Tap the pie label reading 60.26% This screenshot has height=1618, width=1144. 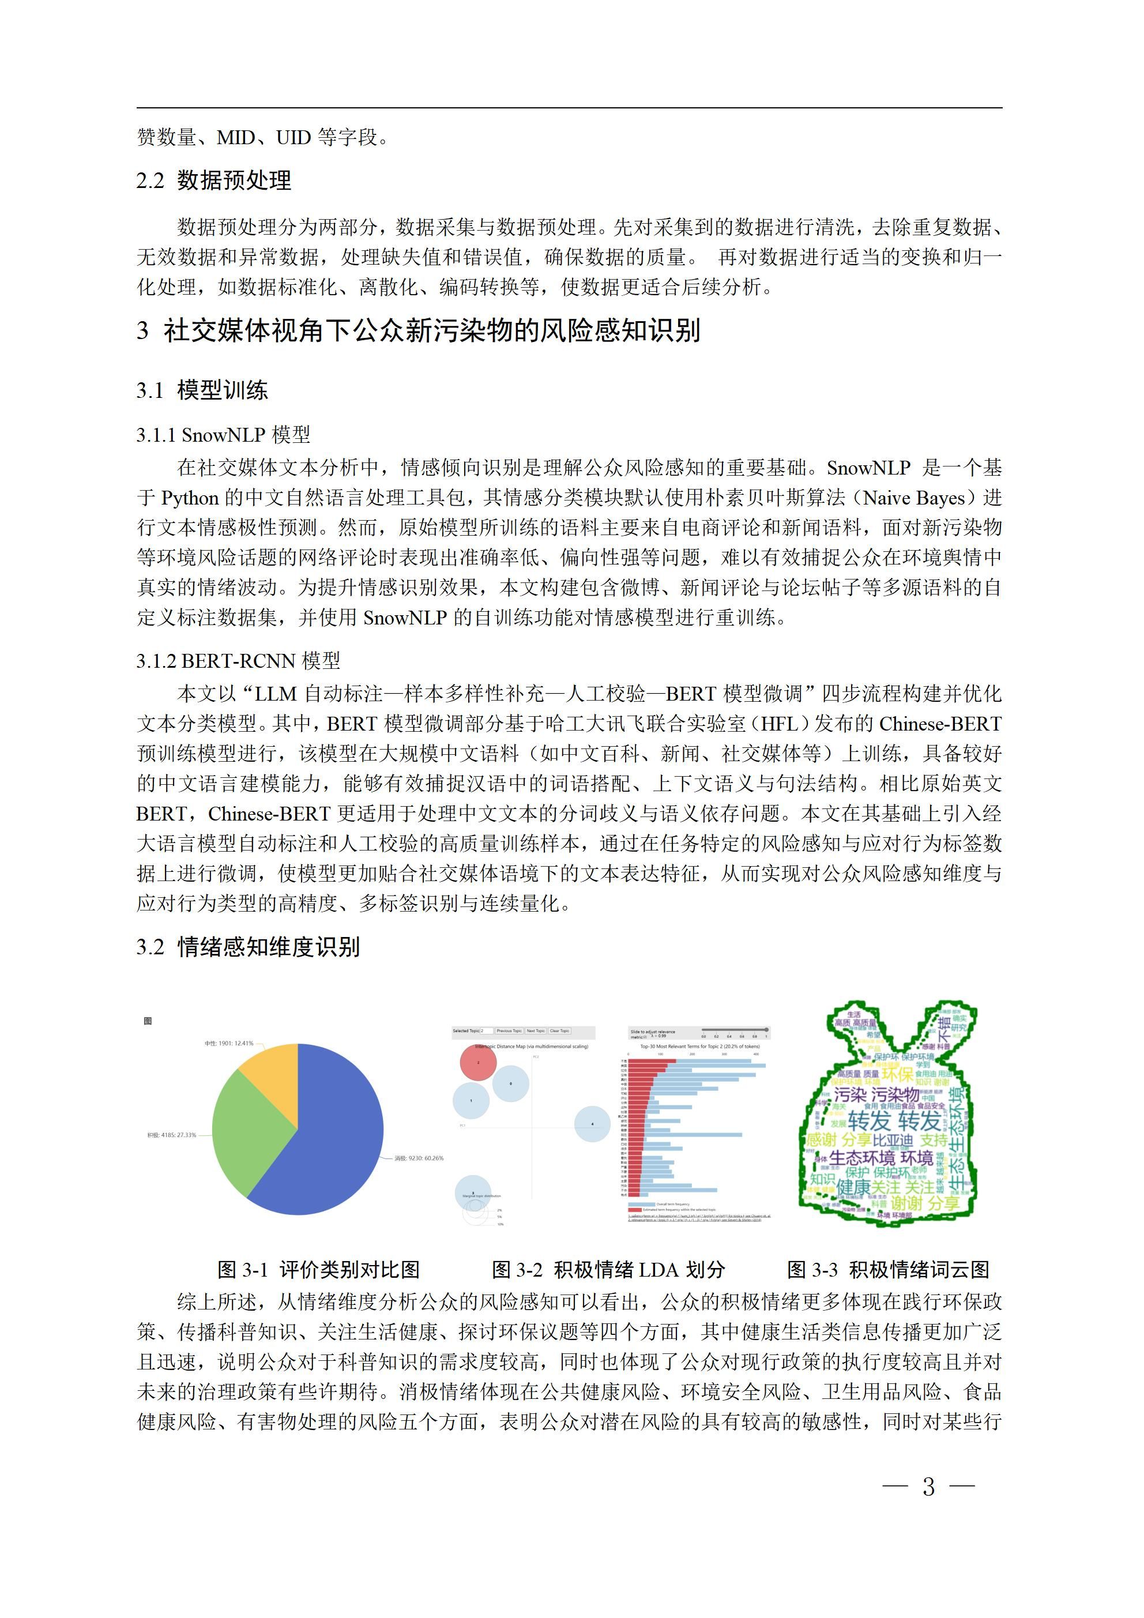tap(419, 1158)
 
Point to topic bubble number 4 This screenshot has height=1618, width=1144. tap(592, 1123)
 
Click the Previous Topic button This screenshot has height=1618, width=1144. tap(509, 1030)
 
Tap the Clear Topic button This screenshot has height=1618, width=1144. tap(560, 1030)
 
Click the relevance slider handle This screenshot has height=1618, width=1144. tap(766, 1030)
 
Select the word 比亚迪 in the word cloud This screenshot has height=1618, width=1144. tap(894, 1140)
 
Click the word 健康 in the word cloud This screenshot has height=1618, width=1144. tap(853, 1187)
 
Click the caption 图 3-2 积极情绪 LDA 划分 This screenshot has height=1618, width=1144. tap(608, 1269)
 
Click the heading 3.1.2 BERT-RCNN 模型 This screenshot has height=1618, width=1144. tap(238, 660)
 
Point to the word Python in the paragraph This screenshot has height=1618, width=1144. tap(190, 498)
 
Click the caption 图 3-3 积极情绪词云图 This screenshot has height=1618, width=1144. tap(888, 1269)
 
